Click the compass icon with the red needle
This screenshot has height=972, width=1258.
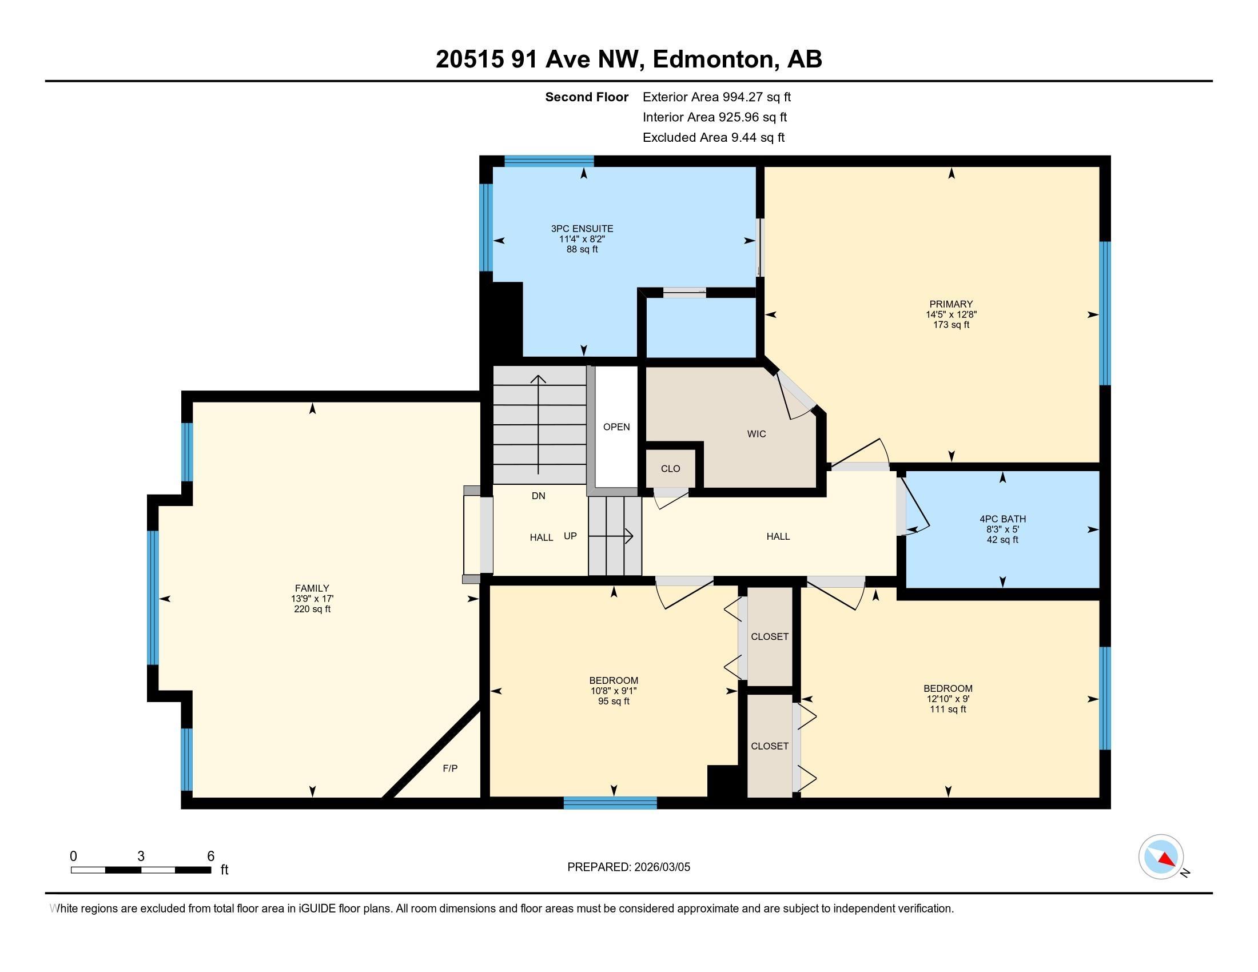point(1161,857)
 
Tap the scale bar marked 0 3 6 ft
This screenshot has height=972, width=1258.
point(141,870)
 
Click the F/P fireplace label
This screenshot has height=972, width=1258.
point(450,768)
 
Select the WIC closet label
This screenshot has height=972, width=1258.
point(757,434)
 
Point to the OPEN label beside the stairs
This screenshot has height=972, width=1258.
point(616,427)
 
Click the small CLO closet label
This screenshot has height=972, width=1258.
point(671,469)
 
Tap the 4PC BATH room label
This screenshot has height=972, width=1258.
point(1002,519)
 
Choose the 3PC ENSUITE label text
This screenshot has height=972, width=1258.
point(582,229)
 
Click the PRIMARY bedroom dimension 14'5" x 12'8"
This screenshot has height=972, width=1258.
point(951,314)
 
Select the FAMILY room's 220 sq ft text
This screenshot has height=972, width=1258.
point(312,610)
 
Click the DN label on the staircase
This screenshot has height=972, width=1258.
point(538,496)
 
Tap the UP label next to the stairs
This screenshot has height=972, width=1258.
point(570,536)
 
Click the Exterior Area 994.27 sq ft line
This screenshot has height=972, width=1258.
point(716,97)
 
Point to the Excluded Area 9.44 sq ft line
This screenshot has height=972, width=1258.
point(713,137)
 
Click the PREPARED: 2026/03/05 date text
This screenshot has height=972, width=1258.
point(628,867)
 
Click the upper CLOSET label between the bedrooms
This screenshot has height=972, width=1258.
point(770,636)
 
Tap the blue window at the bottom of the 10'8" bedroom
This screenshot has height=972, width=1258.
point(610,803)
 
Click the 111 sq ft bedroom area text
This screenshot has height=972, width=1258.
point(948,710)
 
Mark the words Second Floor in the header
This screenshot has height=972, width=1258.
point(586,97)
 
